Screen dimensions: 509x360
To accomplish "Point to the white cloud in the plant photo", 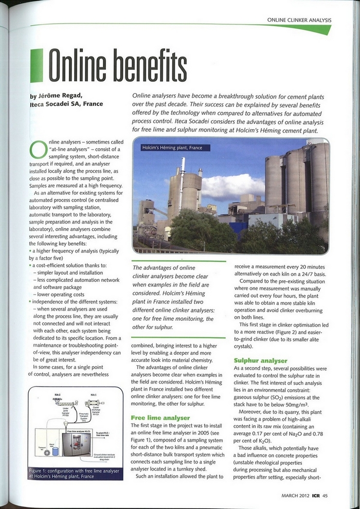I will point(232,186).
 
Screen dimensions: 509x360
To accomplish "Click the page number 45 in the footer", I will point(325,495).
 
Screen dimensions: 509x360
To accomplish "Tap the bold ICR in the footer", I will point(314,495).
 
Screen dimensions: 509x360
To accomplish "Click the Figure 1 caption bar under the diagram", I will point(74,473).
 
